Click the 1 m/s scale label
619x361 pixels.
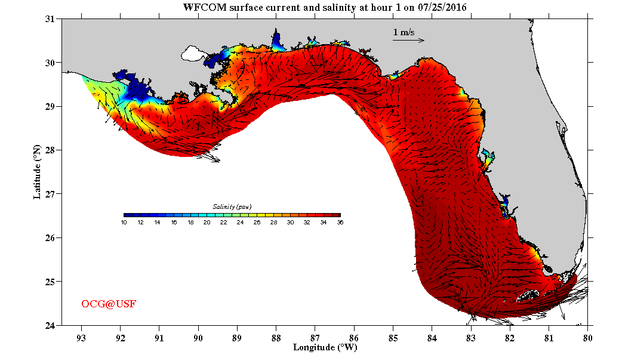(404, 32)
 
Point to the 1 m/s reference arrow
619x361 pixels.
(408, 41)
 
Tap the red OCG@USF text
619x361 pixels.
(109, 304)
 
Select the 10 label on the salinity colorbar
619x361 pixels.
(124, 223)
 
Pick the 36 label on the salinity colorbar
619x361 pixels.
(340, 223)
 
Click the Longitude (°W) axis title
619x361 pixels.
(325, 347)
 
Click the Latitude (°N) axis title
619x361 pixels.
(37, 171)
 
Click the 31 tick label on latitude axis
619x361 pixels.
(50, 19)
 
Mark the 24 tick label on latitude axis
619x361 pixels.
(50, 325)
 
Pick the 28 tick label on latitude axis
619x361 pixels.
(50, 150)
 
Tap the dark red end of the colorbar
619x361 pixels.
(337, 215)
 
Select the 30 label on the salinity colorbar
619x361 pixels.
(290, 223)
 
